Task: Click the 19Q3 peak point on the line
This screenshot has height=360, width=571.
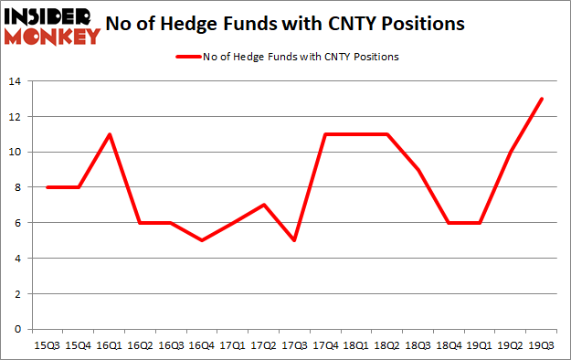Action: point(543,99)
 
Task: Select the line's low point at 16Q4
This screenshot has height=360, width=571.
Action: point(200,240)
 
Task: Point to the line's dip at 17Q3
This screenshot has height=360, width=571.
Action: point(294,240)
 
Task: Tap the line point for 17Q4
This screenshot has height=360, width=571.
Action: point(325,134)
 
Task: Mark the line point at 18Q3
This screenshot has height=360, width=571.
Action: point(418,170)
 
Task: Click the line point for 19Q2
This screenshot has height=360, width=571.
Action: point(512,152)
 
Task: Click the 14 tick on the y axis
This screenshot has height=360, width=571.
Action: point(15,81)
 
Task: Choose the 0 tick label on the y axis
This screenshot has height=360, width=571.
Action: point(17,329)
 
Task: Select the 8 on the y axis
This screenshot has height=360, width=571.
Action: point(17,187)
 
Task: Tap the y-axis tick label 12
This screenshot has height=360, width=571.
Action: point(15,117)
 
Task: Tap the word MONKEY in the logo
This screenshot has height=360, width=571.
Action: point(51,37)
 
